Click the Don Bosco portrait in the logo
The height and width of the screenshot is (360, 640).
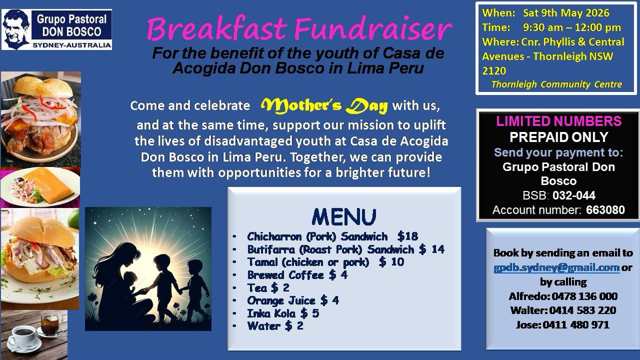tap(16, 29)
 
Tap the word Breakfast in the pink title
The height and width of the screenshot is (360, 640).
tap(217, 29)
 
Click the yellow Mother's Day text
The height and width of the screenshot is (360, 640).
tap(324, 106)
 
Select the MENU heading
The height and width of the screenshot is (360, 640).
tap(344, 217)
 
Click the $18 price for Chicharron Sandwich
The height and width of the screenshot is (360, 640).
tap(407, 236)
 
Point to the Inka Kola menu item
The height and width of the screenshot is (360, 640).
tap(283, 313)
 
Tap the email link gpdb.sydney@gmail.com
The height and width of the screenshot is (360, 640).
tap(556, 267)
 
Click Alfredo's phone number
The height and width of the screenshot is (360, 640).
tap(584, 296)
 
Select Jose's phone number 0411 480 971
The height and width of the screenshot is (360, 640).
tap(576, 325)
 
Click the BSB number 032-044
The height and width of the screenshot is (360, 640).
tap(574, 195)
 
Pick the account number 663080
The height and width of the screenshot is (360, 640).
tap(605, 210)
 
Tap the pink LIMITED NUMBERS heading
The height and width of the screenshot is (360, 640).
tap(558, 121)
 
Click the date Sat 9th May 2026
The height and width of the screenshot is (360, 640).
tap(566, 13)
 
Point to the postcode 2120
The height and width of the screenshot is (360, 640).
tap(494, 71)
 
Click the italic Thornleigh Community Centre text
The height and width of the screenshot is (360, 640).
tap(556, 84)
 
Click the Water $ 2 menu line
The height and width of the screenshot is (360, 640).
tap(275, 326)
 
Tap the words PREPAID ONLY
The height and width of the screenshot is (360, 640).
tap(559, 137)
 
